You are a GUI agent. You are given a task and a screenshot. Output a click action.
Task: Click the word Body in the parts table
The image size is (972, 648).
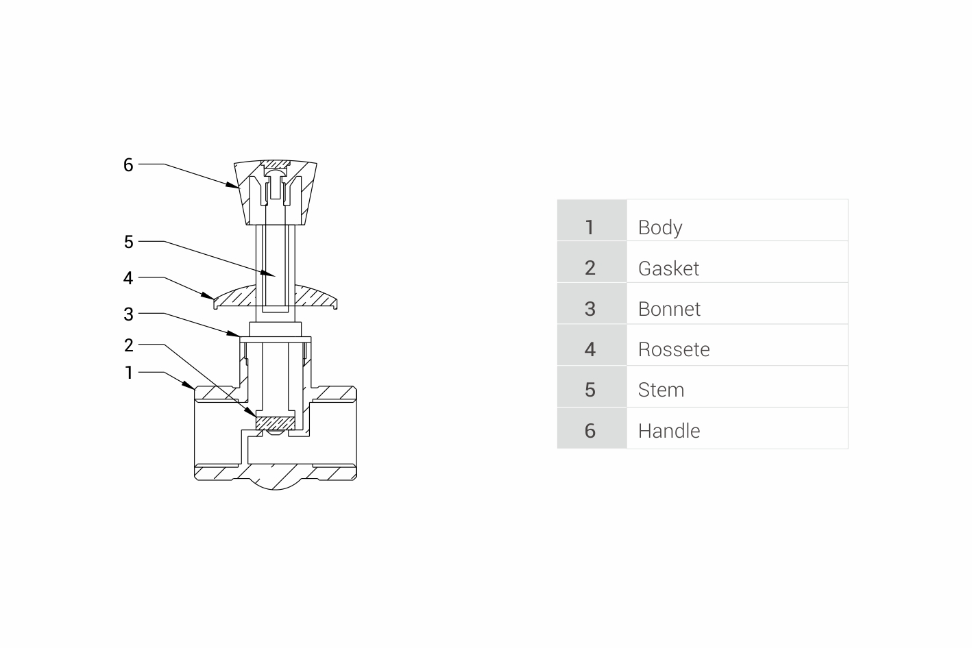pyautogui.click(x=659, y=227)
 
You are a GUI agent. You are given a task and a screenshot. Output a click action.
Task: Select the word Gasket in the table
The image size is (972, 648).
pyautogui.click(x=668, y=269)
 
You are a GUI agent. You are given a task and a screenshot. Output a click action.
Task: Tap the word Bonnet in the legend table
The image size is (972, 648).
pyautogui.click(x=669, y=309)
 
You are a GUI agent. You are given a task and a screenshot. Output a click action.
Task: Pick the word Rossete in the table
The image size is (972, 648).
pyautogui.click(x=673, y=349)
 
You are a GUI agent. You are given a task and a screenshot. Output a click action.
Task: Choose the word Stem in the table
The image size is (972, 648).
pyautogui.click(x=661, y=390)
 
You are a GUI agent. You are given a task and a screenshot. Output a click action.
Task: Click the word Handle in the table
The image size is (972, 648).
pyautogui.click(x=668, y=431)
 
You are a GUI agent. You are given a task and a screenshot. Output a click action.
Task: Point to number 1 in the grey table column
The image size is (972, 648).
pyautogui.click(x=590, y=227)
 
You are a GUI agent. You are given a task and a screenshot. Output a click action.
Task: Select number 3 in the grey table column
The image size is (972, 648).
pyautogui.click(x=590, y=309)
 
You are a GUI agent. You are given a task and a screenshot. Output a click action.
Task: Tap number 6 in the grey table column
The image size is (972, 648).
pyautogui.click(x=590, y=431)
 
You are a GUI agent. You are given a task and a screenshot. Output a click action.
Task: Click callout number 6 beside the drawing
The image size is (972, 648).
pyautogui.click(x=128, y=165)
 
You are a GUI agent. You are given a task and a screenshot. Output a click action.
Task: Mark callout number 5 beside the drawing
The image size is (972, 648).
pyautogui.click(x=128, y=242)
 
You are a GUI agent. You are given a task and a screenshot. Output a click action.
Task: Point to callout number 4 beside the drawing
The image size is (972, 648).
pyautogui.click(x=128, y=278)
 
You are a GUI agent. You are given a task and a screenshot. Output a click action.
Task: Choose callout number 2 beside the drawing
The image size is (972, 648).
pyautogui.click(x=128, y=345)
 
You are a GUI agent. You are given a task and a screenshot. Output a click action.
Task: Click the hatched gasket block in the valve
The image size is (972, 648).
pyautogui.click(x=276, y=423)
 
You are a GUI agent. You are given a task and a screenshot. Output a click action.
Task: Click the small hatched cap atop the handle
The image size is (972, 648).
pyautogui.click(x=276, y=164)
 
